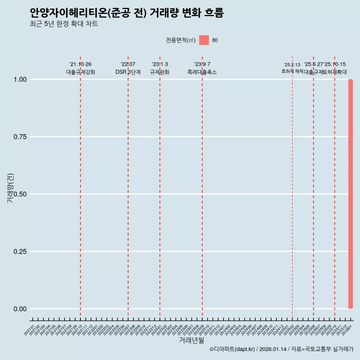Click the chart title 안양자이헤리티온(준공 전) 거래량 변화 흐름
click(127, 13)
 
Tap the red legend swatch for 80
click(204, 40)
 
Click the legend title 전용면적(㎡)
click(180, 40)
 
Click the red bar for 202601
click(351, 194)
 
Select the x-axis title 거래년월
click(191, 340)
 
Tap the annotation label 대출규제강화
click(81, 72)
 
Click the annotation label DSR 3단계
click(128, 72)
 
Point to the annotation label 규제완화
click(160, 72)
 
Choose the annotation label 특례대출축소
click(202, 72)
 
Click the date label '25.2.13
click(292, 65)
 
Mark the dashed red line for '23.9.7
click(202, 187)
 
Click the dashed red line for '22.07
click(128, 187)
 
